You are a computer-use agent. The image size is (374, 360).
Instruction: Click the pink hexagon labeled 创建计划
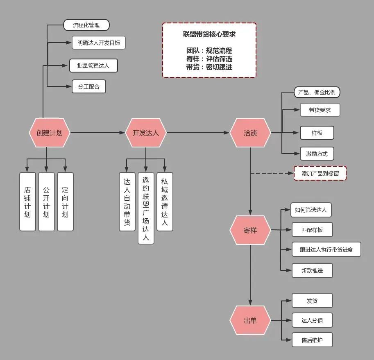click(50, 133)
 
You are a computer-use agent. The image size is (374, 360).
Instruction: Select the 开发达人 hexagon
click(146, 133)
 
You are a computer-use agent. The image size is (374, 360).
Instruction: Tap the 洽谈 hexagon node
click(250, 133)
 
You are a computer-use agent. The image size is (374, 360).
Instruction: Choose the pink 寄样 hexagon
click(250, 230)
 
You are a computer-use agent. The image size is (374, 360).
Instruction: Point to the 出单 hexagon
click(250, 320)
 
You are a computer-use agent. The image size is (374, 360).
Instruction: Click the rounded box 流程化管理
click(86, 25)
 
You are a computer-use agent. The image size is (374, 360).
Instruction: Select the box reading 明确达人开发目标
click(99, 43)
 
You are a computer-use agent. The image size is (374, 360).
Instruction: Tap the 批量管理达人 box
click(93, 66)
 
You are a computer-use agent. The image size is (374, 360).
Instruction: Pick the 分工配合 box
click(89, 86)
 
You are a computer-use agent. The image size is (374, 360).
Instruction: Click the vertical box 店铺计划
click(27, 202)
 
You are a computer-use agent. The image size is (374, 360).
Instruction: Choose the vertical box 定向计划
click(65, 202)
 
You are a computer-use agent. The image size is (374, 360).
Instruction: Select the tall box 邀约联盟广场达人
click(146, 208)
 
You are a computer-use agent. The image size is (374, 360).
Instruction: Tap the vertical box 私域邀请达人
click(165, 202)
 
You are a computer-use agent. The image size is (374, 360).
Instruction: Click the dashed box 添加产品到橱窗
click(320, 173)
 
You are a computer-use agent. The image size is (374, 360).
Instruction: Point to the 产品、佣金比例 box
click(317, 92)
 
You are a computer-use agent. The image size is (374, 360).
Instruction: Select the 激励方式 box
click(317, 154)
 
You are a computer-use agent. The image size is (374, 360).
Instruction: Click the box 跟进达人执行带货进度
click(326, 249)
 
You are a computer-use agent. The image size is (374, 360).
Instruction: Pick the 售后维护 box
click(312, 340)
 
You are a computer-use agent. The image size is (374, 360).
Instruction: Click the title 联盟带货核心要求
click(209, 34)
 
